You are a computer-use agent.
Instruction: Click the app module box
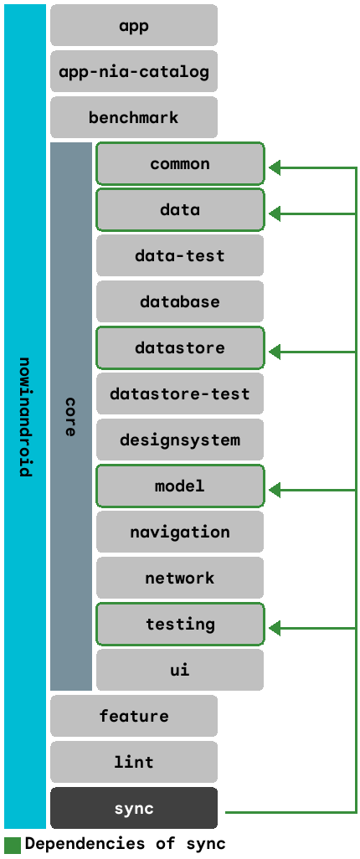(134, 25)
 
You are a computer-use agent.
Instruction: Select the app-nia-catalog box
(134, 71)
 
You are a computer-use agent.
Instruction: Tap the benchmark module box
(134, 117)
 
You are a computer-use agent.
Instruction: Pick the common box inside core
(180, 164)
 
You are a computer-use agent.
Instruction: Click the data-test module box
(180, 255)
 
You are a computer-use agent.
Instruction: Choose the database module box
(180, 301)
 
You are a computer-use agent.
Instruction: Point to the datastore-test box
(180, 393)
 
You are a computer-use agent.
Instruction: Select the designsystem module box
(180, 440)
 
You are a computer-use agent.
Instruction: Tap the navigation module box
(180, 532)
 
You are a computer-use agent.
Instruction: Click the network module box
(180, 578)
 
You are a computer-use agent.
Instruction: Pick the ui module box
(180, 670)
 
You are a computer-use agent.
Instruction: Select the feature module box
(134, 716)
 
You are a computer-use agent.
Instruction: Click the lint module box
(134, 762)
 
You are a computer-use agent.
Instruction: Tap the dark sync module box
(134, 808)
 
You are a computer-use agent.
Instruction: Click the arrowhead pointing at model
(275, 491)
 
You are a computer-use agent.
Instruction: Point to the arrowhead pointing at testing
(275, 629)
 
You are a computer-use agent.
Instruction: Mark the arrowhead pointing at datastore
(275, 352)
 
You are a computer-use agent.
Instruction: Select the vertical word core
(70, 416)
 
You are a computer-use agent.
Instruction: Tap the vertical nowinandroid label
(25, 416)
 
